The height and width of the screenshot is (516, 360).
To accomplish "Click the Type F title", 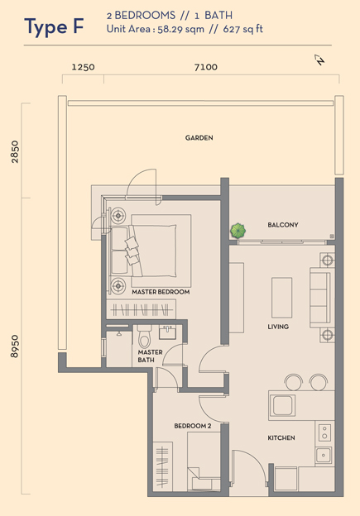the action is tap(54, 26).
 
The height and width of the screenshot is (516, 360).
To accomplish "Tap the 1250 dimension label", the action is tap(83, 67).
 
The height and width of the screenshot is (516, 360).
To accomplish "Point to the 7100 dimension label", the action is tap(206, 67).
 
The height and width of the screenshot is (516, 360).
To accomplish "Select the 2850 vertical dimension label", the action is tap(15, 151).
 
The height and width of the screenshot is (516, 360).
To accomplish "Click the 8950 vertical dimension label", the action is tap(15, 346).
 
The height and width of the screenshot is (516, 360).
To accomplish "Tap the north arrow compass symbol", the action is tap(319, 60).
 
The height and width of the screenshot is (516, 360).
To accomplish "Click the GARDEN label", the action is tap(199, 138).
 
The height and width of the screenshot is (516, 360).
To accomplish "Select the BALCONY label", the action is tap(283, 225).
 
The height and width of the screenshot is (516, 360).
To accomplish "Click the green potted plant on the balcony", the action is tap(238, 231).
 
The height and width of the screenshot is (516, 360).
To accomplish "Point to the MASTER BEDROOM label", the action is tap(161, 292).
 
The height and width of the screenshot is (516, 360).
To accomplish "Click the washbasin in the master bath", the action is tap(168, 332).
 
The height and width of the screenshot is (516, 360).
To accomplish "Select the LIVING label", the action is tap(278, 327).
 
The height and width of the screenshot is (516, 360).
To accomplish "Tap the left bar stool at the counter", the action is tap(294, 382).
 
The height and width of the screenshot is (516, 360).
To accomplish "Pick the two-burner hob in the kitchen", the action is tap(324, 432).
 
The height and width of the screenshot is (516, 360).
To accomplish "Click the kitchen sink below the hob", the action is tap(324, 456).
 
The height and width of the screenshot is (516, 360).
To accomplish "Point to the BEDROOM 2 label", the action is tap(193, 426).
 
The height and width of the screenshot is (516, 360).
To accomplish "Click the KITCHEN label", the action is tap(281, 438).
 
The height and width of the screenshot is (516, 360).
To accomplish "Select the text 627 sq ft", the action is tap(243, 29).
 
